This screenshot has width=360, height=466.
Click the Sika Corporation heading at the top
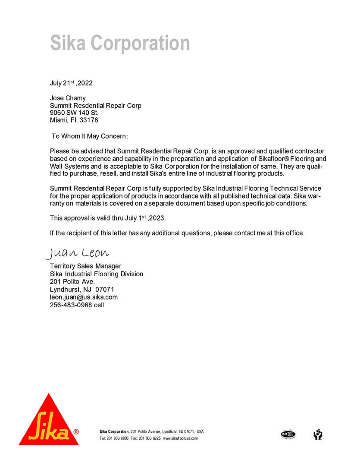pos(120,43)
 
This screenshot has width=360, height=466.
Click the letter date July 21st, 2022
pos(71,83)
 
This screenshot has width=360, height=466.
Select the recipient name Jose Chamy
pos(68,98)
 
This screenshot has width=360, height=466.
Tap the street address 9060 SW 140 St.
pos(74,113)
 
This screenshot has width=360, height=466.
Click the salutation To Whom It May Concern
pos(90,136)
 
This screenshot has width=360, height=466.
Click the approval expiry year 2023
pos(158,218)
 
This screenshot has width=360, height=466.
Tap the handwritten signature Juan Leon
pos(77,253)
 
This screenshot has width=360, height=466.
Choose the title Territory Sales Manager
pos(86,266)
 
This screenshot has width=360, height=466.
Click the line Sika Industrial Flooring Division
pos(97,274)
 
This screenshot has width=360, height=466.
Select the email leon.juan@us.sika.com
pos(84,297)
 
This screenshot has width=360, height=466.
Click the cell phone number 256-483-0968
pos(70,305)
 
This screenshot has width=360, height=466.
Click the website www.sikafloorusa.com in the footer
pos(180,438)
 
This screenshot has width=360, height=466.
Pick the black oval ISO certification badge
pos(288,434)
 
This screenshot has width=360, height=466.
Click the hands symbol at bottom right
pos(318,434)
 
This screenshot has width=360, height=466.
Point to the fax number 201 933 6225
pos(150,438)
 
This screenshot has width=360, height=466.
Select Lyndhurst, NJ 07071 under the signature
pos(82,290)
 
